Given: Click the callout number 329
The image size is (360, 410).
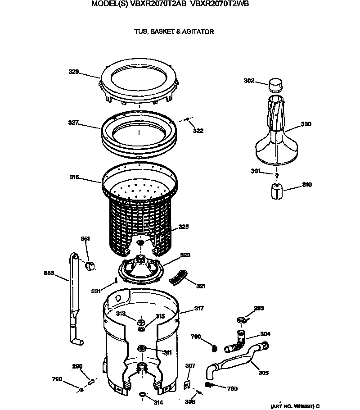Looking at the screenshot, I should tap(74, 72).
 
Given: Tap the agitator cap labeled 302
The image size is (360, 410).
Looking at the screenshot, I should tap(274, 84).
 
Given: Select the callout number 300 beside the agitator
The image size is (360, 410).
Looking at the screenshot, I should tap(306, 124).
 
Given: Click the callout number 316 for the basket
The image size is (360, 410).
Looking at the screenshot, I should tap(74, 178).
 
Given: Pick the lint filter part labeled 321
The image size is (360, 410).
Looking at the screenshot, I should tap(178, 276).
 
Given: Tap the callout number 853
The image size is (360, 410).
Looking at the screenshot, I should tap(49, 273).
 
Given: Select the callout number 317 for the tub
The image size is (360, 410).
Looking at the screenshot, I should tap(198, 309).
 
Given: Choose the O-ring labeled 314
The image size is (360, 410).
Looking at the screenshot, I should tap(143, 395).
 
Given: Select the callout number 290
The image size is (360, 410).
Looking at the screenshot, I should tap(77, 366).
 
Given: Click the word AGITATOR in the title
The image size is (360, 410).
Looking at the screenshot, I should tap(198, 32).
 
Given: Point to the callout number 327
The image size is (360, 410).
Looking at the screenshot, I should tap(74, 122).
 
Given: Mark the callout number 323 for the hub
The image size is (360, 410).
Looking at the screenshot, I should tap(185, 255).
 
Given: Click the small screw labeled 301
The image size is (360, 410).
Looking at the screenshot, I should tap(277, 174).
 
